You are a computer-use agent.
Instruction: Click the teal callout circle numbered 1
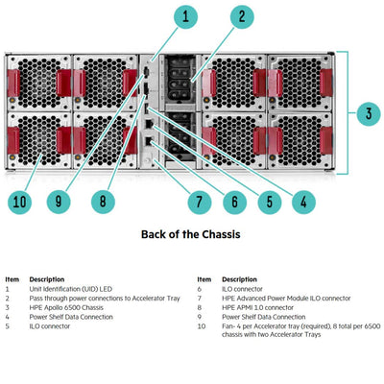tap(185, 16)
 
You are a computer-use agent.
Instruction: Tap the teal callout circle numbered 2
tap(241, 16)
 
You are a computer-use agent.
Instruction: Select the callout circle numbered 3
tap(365, 113)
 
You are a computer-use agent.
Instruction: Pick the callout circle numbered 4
tap(302, 202)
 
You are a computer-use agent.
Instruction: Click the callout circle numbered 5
tap(268, 202)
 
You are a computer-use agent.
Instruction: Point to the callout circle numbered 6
tap(233, 202)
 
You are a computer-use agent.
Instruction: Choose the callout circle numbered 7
tap(199, 202)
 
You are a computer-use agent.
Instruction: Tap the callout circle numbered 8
tap(103, 202)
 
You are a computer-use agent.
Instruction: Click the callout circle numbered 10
tap(19, 202)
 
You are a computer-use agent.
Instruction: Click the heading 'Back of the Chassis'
tap(190, 233)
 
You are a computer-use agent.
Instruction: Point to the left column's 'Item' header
tap(12, 279)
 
